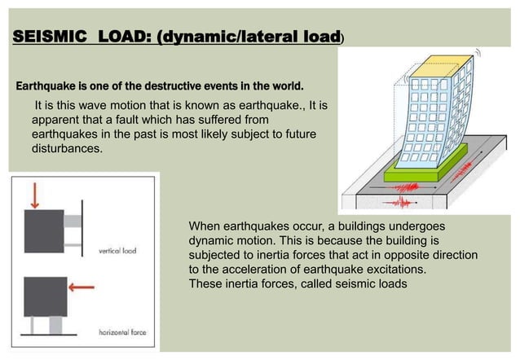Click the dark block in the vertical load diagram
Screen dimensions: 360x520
point(46,230)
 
